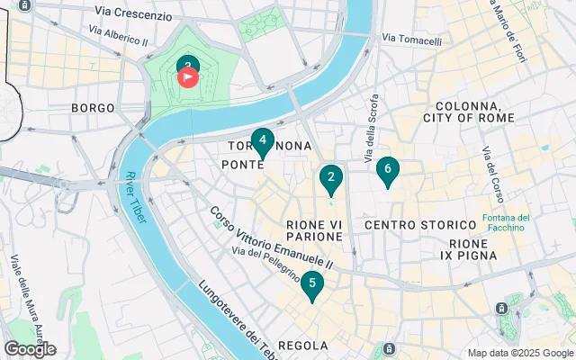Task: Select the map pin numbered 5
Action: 311,284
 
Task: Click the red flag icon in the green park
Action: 189,76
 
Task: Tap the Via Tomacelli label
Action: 411,39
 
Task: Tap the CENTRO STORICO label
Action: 418,223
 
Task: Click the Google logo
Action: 30,349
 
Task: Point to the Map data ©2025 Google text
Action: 520,353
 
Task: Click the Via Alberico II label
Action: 118,35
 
